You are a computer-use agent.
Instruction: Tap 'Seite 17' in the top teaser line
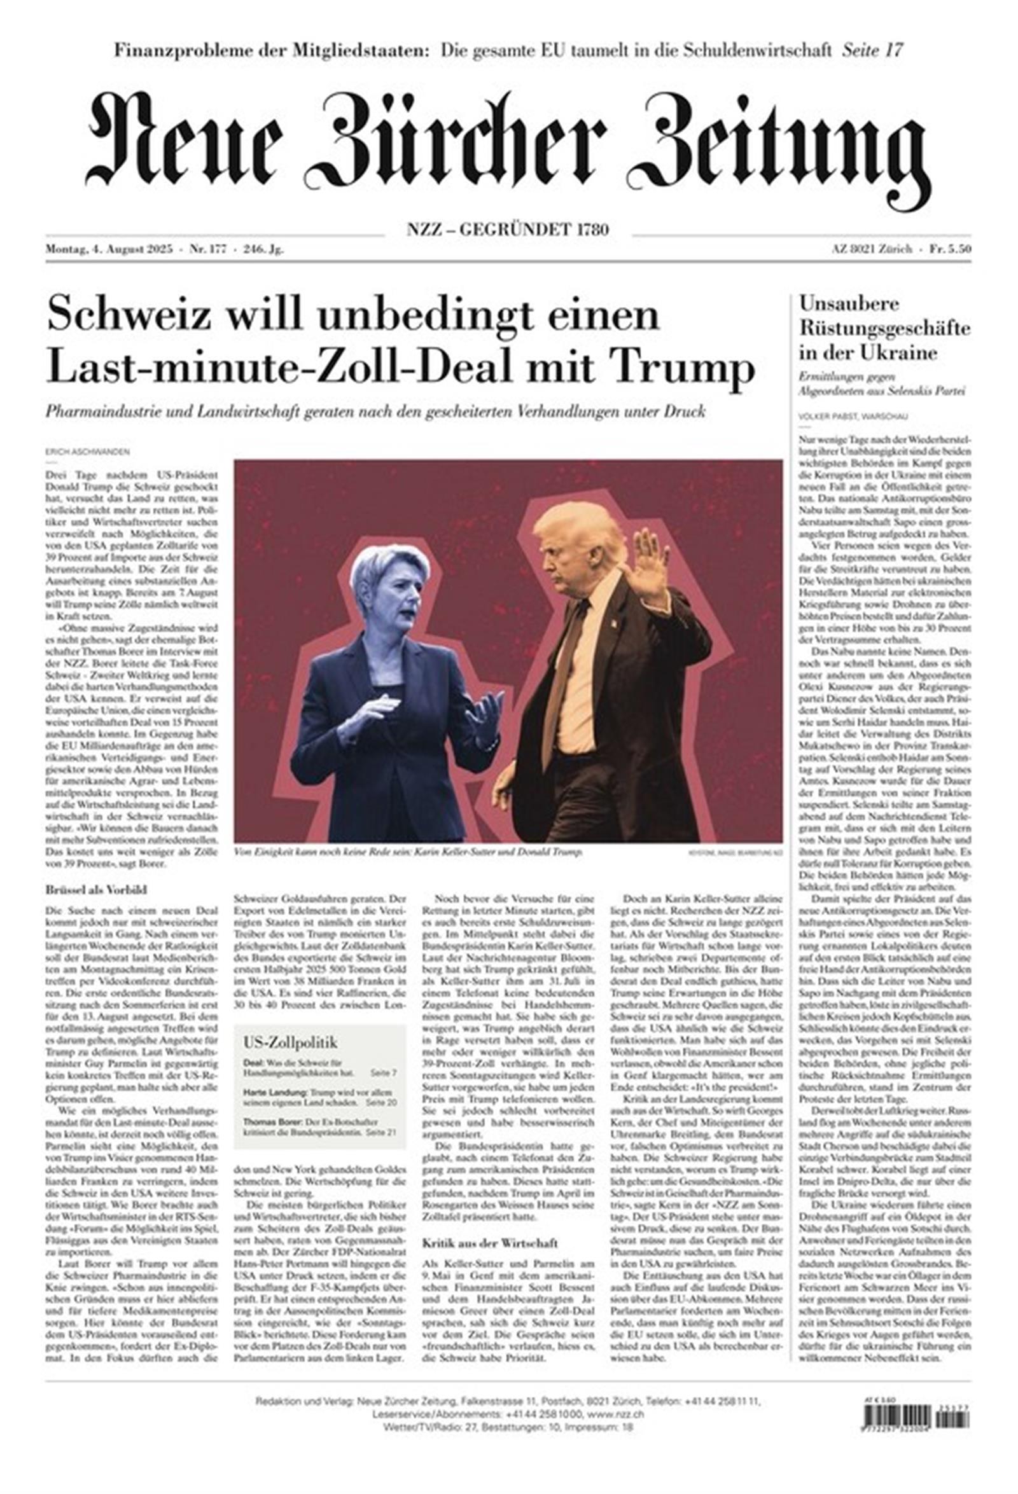click(x=872, y=50)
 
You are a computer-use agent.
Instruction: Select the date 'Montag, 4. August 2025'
click(x=109, y=250)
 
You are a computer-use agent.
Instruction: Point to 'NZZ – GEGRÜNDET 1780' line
click(x=507, y=230)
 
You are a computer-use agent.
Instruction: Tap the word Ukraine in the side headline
click(x=896, y=353)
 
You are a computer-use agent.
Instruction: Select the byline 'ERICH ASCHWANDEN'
click(x=87, y=453)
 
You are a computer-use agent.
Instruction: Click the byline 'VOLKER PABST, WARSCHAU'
click(x=853, y=417)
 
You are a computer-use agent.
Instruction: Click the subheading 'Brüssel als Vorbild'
click(x=97, y=890)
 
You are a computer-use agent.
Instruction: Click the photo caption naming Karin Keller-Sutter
click(x=408, y=852)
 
